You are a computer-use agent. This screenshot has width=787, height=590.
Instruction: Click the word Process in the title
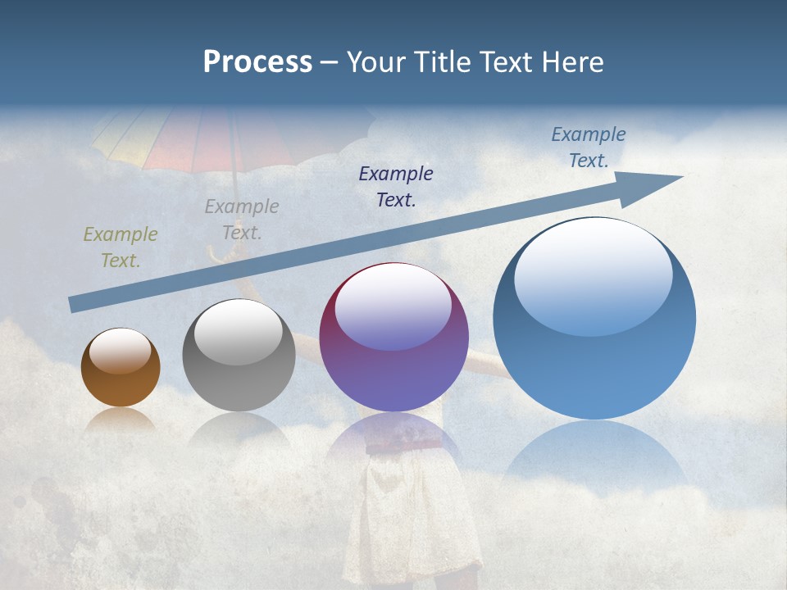coord(257,62)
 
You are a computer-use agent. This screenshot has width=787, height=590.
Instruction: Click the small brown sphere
coord(121,368)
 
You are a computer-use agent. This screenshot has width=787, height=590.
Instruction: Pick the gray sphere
coord(239,356)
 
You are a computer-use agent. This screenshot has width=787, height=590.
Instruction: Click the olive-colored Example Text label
coord(121,247)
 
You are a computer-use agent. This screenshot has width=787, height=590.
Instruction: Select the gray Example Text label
coord(242,219)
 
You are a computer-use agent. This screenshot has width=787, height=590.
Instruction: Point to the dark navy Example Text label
coord(396,186)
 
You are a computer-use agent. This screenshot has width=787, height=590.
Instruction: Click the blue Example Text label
coord(589,147)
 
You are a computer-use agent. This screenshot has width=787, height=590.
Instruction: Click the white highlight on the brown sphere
coord(121,352)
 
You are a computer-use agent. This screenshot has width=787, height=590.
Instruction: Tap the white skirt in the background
coord(410,508)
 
